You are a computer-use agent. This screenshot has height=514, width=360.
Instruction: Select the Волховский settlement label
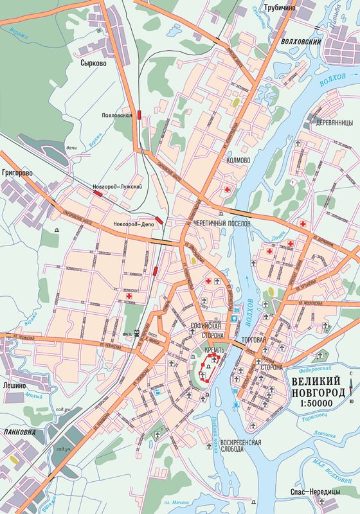click(299, 42)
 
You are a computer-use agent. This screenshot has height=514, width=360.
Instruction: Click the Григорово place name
click(18, 173)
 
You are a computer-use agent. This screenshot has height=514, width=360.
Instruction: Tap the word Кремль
click(214, 350)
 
